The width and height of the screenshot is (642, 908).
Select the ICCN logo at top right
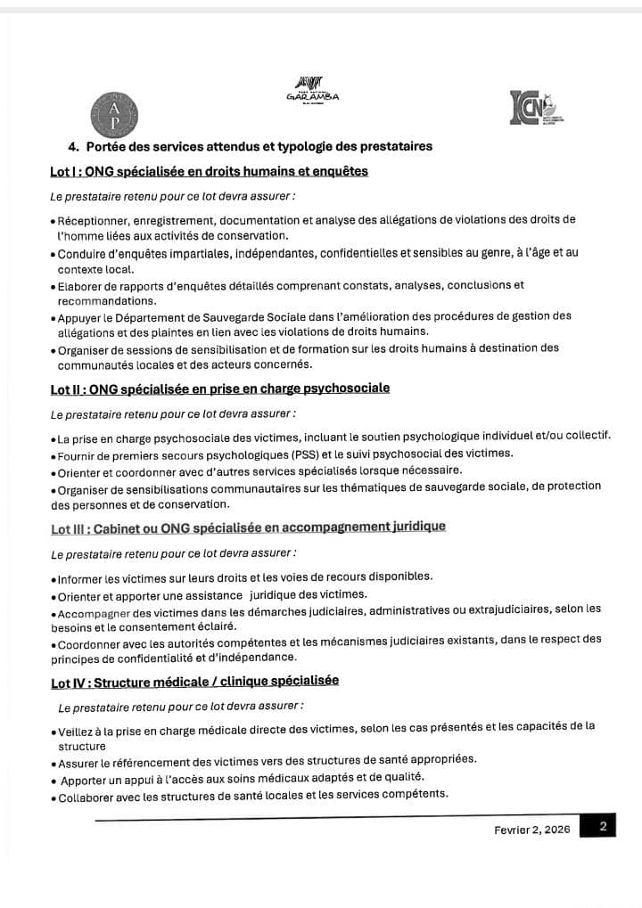tap(533, 111)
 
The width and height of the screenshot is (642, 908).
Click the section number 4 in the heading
tap(72, 146)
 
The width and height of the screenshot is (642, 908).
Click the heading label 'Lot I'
tap(64, 171)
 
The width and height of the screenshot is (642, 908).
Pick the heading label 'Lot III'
tap(69, 528)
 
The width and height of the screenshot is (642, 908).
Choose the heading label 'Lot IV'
tap(68, 683)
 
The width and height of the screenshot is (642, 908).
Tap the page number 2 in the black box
tap(603, 826)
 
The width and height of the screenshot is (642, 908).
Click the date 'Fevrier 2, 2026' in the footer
tap(531, 829)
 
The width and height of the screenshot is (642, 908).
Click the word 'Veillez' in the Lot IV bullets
tap(78, 730)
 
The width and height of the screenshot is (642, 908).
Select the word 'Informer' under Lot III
tap(81, 577)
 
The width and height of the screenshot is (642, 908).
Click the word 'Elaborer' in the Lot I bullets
tap(82, 286)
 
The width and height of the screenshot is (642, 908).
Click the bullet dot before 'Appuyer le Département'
tap(53, 318)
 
